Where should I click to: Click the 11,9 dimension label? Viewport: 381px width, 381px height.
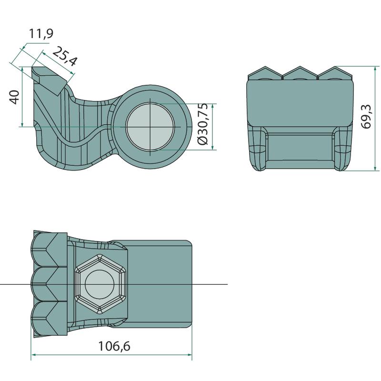pyautogui.click(x=41, y=33)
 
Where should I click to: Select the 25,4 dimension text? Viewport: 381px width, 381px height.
pyautogui.click(x=65, y=56)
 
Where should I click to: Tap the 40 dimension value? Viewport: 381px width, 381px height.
pyautogui.click(x=15, y=97)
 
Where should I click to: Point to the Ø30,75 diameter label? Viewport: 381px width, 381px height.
pyautogui.click(x=202, y=124)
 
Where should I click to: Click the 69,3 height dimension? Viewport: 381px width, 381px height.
pyautogui.click(x=366, y=116)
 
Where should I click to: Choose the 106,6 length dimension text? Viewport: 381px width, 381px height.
pyautogui.click(x=114, y=346)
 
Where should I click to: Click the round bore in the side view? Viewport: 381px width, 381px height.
pyautogui.click(x=150, y=127)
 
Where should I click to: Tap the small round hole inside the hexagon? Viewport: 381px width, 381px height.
pyautogui.click(x=100, y=284)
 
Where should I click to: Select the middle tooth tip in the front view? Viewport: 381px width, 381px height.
pyautogui.click(x=301, y=66)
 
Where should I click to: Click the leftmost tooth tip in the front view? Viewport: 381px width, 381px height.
pyautogui.click(x=265, y=67)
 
